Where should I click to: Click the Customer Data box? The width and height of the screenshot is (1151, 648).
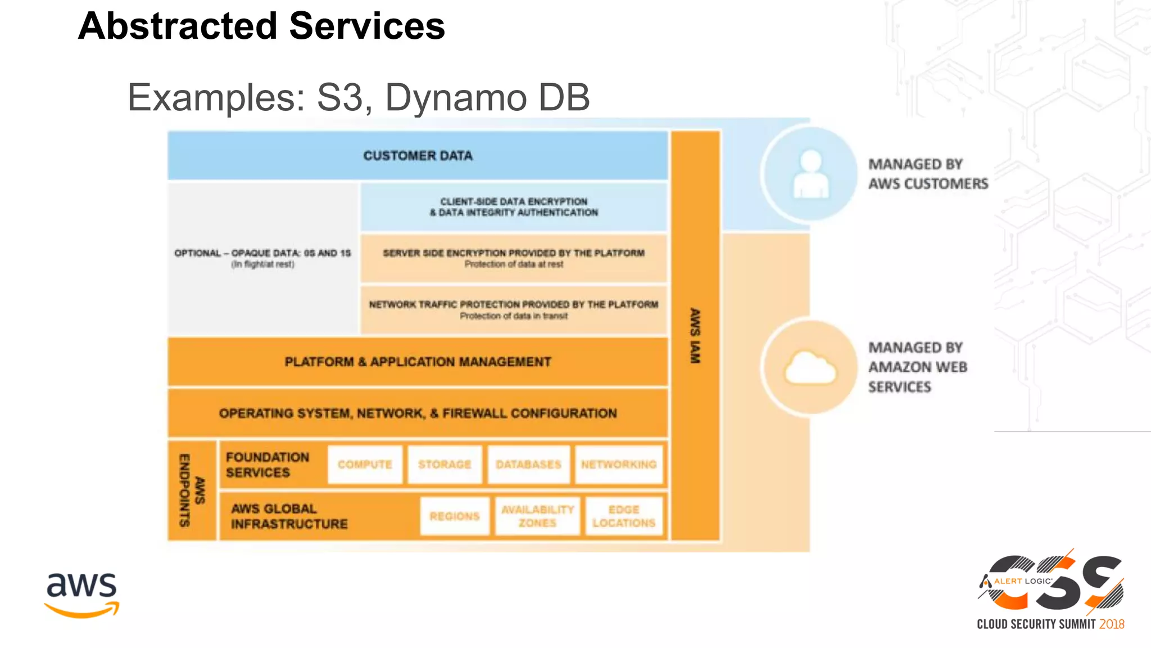(418, 156)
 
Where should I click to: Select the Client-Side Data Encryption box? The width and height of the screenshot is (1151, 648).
(514, 207)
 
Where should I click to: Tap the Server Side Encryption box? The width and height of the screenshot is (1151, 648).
(514, 258)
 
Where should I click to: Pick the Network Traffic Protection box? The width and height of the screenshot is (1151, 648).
(514, 310)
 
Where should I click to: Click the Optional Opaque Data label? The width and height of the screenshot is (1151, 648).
(262, 258)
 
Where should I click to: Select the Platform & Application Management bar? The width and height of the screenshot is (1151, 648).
(418, 362)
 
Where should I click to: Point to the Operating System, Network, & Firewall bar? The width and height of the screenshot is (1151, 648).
(418, 413)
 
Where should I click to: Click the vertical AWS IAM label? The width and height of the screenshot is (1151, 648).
(695, 335)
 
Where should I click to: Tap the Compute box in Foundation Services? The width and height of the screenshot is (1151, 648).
(365, 465)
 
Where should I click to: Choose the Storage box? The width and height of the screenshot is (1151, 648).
(445, 465)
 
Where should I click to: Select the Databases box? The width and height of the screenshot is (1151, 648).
(528, 465)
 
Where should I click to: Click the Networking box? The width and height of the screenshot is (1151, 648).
(619, 465)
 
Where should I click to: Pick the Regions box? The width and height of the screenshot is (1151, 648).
(455, 516)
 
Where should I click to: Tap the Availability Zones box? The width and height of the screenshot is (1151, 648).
(537, 516)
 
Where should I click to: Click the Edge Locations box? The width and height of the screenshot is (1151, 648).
(624, 516)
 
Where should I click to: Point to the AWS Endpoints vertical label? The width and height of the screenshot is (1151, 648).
(192, 490)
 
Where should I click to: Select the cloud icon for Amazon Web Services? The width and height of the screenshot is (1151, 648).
(810, 368)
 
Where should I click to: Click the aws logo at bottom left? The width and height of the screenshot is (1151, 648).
(82, 594)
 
